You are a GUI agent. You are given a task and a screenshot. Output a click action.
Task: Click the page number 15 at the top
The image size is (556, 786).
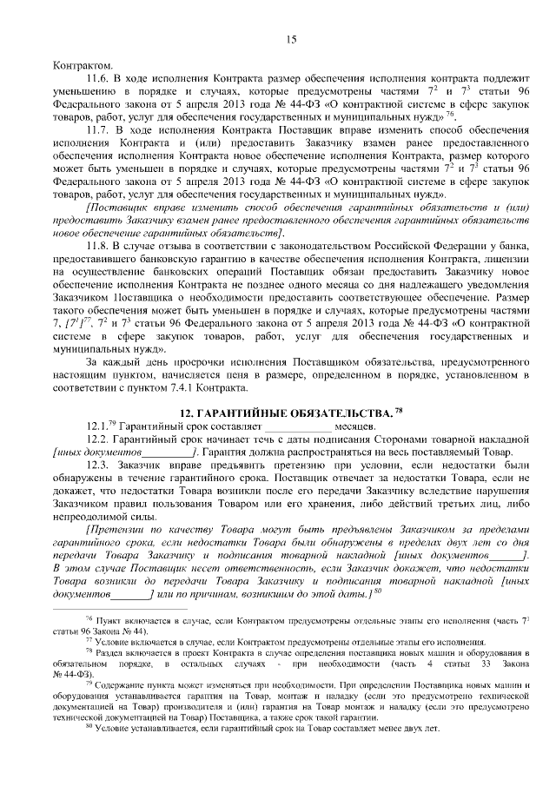coord(291,38)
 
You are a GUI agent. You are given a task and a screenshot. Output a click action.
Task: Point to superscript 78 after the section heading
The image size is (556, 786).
coord(399,407)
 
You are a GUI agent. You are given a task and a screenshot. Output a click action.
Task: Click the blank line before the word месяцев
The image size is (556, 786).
coord(297,427)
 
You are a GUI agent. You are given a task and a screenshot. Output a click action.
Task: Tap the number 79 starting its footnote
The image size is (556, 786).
coord(89,684)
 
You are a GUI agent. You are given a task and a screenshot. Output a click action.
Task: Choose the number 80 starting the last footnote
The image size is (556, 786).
coord(89,727)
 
